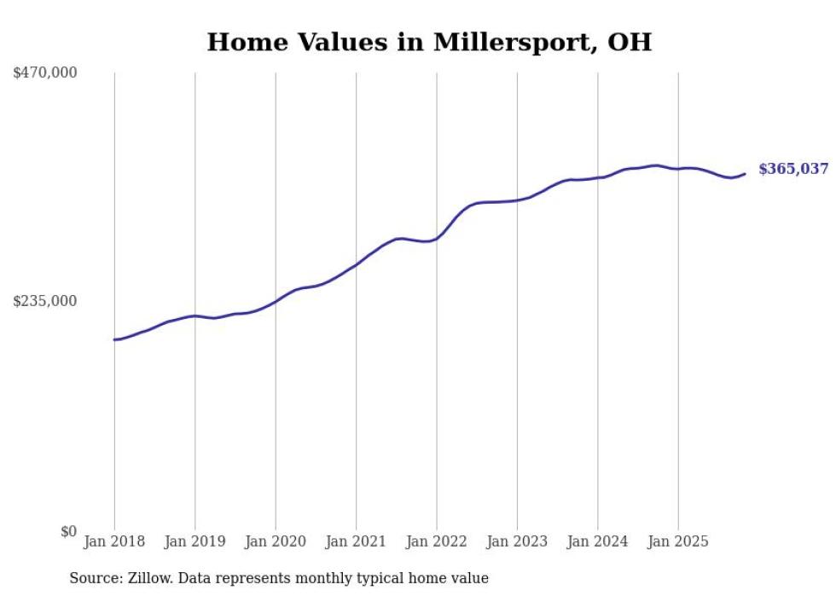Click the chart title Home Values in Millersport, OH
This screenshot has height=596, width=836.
[x=429, y=42]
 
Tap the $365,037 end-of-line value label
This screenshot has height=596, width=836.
[x=793, y=169]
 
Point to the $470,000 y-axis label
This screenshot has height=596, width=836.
[x=45, y=73]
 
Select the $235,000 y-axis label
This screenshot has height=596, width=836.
[x=45, y=301]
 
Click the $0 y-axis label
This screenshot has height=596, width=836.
[x=68, y=531]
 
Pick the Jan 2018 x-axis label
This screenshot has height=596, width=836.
[x=114, y=541]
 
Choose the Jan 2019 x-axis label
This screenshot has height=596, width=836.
[x=194, y=541]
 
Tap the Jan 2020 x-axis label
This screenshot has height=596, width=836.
[x=276, y=541]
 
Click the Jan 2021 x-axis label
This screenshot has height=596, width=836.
[x=356, y=541]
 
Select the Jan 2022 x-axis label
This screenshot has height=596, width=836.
[x=437, y=541]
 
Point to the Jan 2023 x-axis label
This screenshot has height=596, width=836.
[x=517, y=541]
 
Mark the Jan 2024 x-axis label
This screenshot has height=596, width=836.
[x=597, y=541]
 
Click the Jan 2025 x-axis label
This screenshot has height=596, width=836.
[x=678, y=541]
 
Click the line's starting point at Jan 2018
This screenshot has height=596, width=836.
[x=114, y=339]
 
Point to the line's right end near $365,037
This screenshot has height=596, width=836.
[x=745, y=174]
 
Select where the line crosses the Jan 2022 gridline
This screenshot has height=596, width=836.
[x=437, y=238]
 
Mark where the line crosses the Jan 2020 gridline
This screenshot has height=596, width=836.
[x=276, y=300]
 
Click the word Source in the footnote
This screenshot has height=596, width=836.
[x=92, y=578]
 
